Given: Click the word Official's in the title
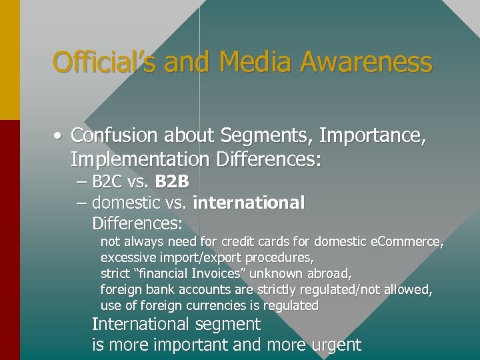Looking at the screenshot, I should pos(105,63).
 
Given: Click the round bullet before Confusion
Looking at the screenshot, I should pos(59,137).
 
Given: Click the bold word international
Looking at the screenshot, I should pos(249,202).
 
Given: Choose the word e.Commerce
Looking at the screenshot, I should pos(407,241).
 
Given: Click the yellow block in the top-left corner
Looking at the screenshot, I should pos(10,60).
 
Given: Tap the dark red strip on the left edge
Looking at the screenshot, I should pos(10,240).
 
